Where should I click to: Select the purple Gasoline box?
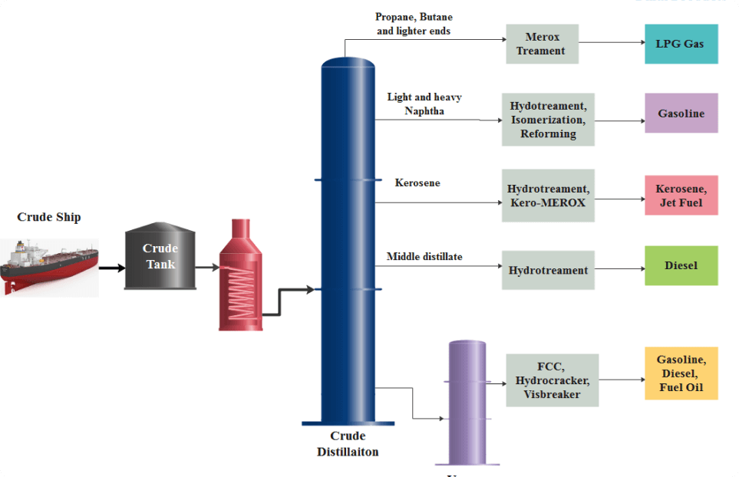coord(681,113)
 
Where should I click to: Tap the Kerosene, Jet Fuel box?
coord(681,196)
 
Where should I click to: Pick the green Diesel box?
coord(681,265)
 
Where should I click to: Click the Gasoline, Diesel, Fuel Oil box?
coord(681,373)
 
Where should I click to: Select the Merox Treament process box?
coord(542,44)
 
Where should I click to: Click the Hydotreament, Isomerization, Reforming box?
coord(548,120)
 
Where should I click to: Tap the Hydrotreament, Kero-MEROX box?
coord(548,196)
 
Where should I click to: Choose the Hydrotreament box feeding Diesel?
coord(548,270)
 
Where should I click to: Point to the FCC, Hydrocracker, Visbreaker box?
coord(552,380)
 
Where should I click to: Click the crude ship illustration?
coord(49,265)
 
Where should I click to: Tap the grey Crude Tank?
coord(160,256)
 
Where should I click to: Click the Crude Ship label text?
coord(49,217)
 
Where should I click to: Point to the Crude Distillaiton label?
coord(348,444)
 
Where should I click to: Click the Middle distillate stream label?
coord(424,257)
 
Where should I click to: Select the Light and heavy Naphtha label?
coord(424,104)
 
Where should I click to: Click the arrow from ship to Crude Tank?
coord(111,268)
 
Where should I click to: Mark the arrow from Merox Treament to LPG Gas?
coord(611,44)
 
